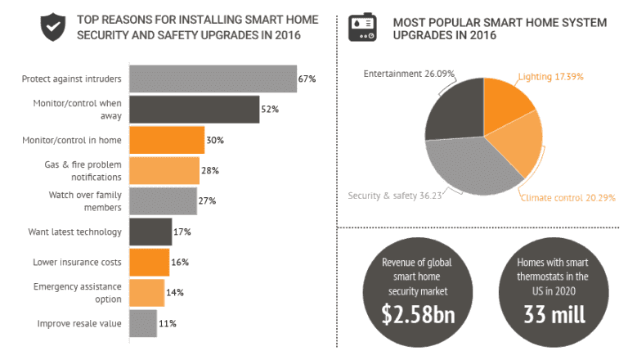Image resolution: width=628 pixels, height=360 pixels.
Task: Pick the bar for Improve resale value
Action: (x=142, y=323)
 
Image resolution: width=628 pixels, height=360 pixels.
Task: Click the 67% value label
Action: (x=307, y=79)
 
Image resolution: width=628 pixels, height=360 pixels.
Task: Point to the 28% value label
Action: (x=209, y=170)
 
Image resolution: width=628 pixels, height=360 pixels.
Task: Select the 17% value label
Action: (x=182, y=232)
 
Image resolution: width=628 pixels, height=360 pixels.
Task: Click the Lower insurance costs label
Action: (x=77, y=263)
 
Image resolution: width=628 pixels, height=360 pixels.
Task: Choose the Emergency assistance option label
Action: (x=77, y=293)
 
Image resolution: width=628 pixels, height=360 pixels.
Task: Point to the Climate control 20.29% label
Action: (x=567, y=197)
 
